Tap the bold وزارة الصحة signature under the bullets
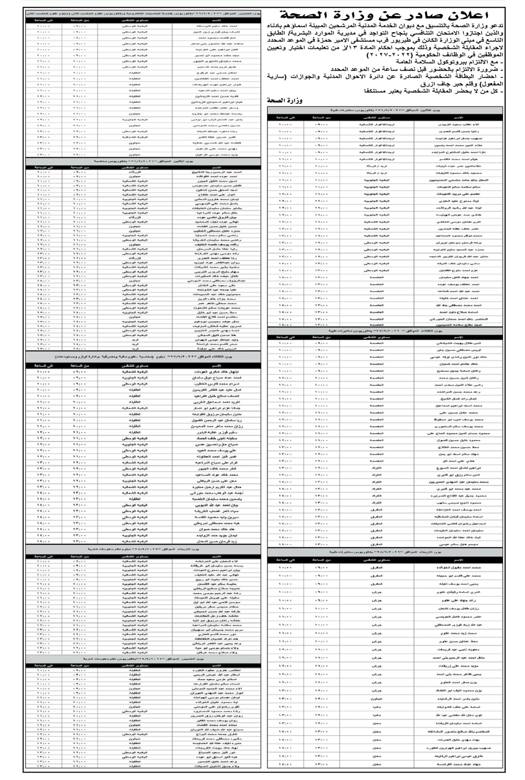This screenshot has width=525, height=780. [285, 101]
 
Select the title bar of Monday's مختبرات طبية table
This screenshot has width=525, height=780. [384, 109]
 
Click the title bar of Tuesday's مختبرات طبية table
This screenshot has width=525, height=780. [384, 330]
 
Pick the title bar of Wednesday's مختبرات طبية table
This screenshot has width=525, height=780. [384, 552]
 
